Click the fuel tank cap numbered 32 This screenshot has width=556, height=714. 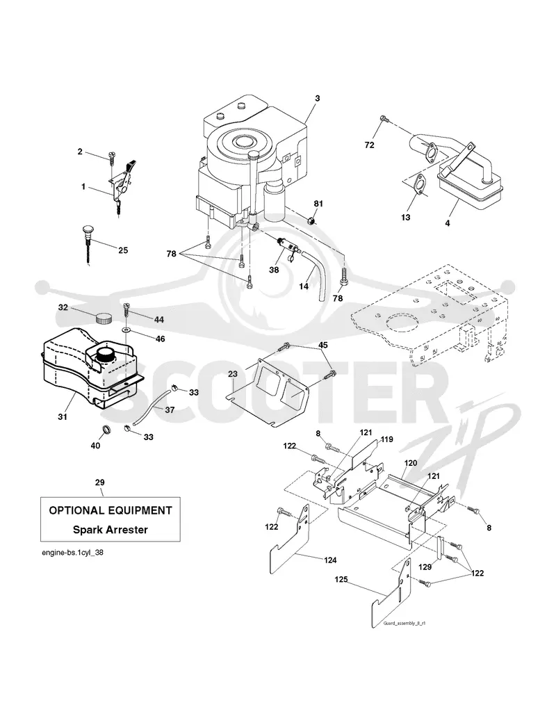click(104, 318)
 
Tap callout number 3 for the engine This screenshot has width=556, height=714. click(318, 98)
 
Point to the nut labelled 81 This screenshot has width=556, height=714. click(312, 221)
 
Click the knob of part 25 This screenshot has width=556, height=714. click(88, 229)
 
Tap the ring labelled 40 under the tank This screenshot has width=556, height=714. click(107, 429)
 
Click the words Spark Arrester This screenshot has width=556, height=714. click(111, 530)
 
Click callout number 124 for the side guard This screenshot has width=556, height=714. click(330, 560)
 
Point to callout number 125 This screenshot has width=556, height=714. click(341, 580)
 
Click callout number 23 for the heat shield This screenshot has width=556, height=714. click(233, 374)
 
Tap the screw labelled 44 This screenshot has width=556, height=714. click(126, 311)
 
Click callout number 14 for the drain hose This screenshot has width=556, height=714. click(304, 286)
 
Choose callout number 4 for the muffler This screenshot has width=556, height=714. click(448, 223)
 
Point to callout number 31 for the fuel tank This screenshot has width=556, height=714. click(63, 416)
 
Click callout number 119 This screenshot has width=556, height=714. click(386, 439)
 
